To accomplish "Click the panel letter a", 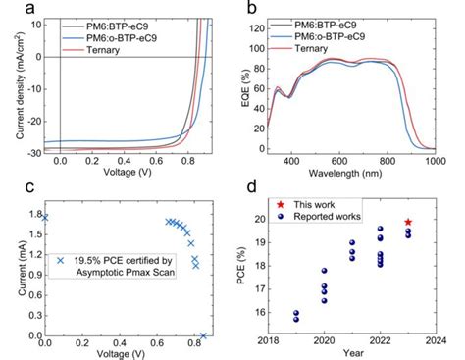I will (11, 9).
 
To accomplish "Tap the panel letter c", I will (11, 185).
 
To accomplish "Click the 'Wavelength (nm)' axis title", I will (365, 175).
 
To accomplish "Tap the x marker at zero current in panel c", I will (203, 335).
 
